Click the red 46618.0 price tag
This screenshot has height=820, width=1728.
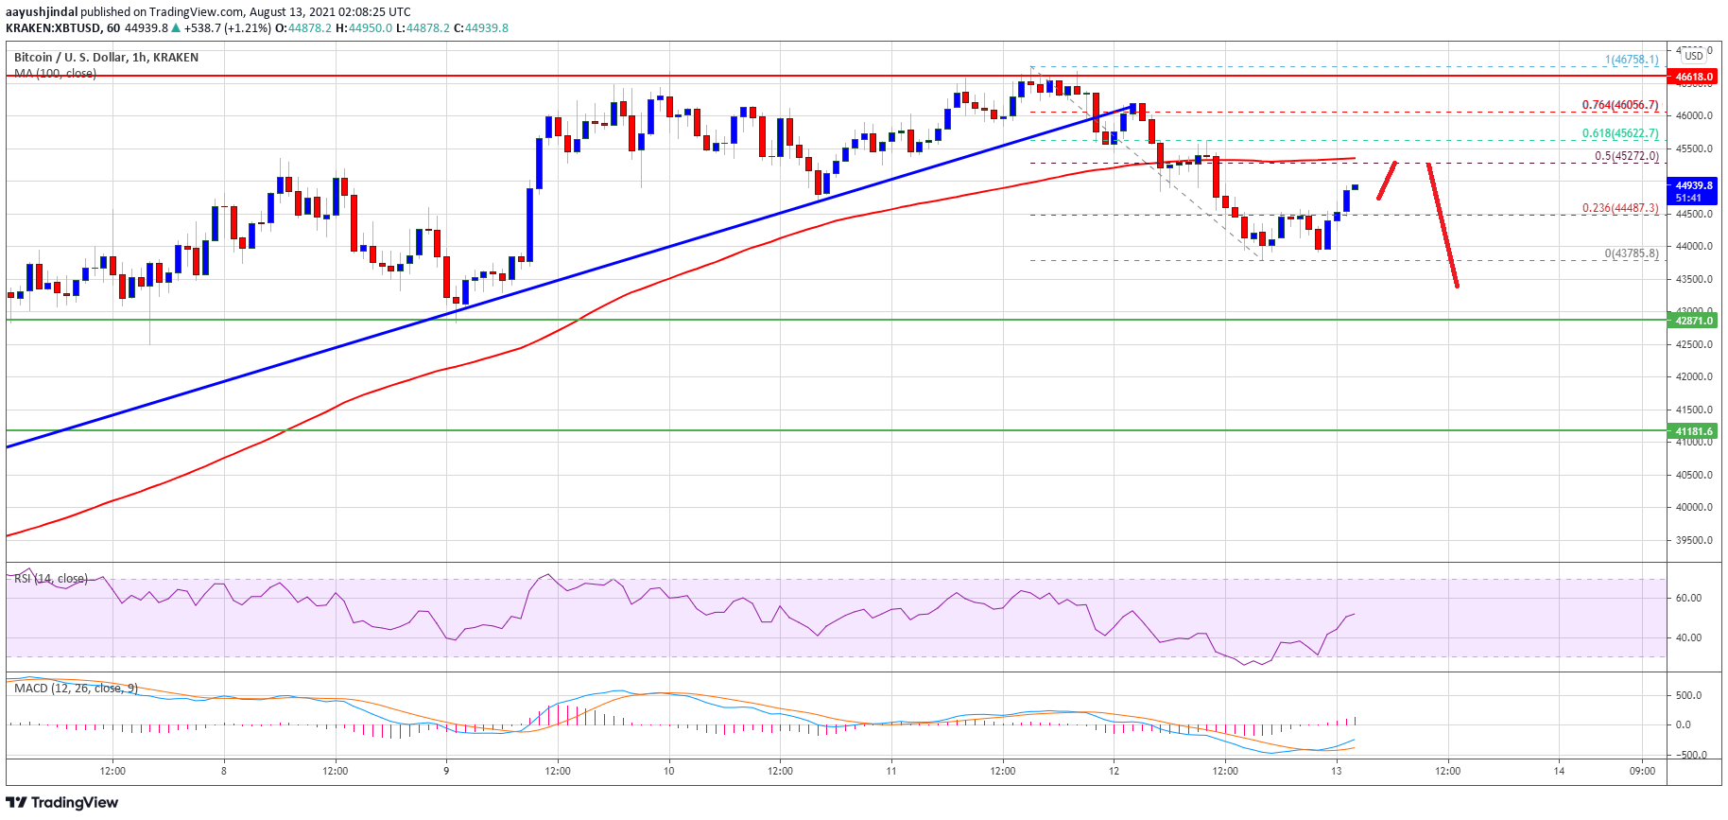coord(1694,77)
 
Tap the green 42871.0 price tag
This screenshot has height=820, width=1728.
coord(1694,321)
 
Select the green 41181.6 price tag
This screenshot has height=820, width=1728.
coord(1694,431)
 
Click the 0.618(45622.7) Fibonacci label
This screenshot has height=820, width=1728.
coord(1620,133)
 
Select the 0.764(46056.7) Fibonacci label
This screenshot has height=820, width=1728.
coord(1620,105)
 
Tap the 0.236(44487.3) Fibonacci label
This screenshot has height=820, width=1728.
coord(1620,208)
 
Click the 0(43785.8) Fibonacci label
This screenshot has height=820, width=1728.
coord(1631,253)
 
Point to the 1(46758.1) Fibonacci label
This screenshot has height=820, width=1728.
coord(1631,60)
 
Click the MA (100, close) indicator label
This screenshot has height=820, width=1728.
coord(55,74)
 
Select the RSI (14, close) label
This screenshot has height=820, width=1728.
coord(51,579)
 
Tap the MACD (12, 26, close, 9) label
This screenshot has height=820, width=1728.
coord(76,689)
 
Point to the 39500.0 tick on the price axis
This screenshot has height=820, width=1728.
coord(1693,540)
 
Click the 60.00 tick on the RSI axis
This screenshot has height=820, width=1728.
coord(1688,598)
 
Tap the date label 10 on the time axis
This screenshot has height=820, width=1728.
coord(668,771)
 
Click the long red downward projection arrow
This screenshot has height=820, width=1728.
coord(1443,225)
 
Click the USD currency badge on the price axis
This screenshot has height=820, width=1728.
coord(1694,56)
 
